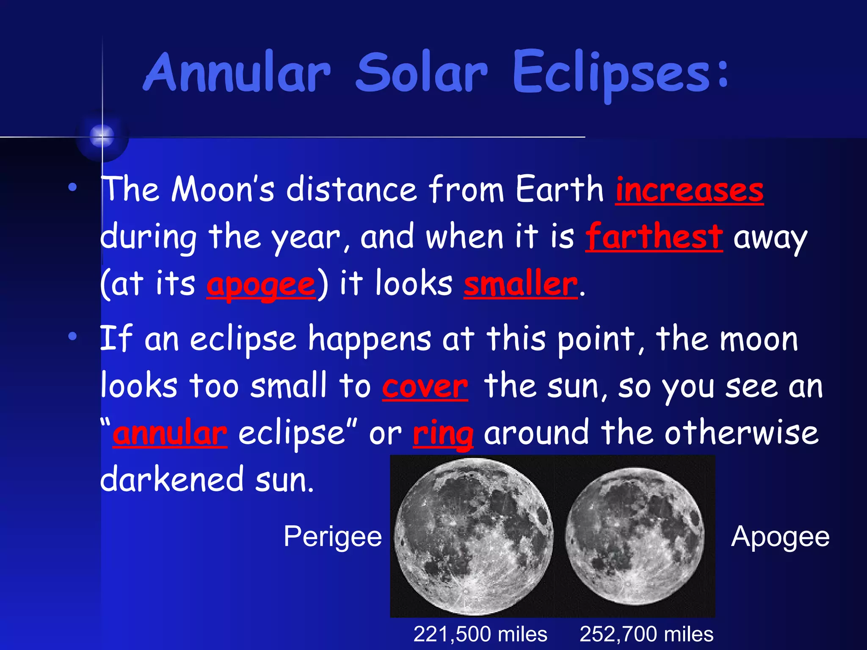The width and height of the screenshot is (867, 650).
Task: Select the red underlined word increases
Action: click(x=689, y=190)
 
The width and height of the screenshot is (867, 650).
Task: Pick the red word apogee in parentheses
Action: click(x=261, y=284)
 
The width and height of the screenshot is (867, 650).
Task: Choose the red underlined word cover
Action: click(x=425, y=387)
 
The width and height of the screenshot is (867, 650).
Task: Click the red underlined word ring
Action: click(x=443, y=434)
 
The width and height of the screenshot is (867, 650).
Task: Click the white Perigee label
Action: click(x=333, y=537)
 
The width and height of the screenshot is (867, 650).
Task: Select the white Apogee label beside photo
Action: click(x=780, y=537)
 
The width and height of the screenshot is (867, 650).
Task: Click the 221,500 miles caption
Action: click(x=480, y=634)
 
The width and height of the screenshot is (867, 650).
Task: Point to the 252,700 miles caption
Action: click(x=646, y=634)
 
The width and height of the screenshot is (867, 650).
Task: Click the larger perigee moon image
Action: click(x=473, y=537)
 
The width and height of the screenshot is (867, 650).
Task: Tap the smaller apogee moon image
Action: click(x=634, y=537)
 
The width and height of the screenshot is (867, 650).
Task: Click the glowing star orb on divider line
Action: click(x=102, y=136)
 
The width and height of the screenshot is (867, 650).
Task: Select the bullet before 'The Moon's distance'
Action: click(x=73, y=187)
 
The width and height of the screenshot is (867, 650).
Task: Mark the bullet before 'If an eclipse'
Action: click(x=73, y=336)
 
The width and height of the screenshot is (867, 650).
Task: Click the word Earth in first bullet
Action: click(x=559, y=189)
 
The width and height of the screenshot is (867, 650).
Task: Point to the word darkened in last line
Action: click(x=172, y=480)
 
